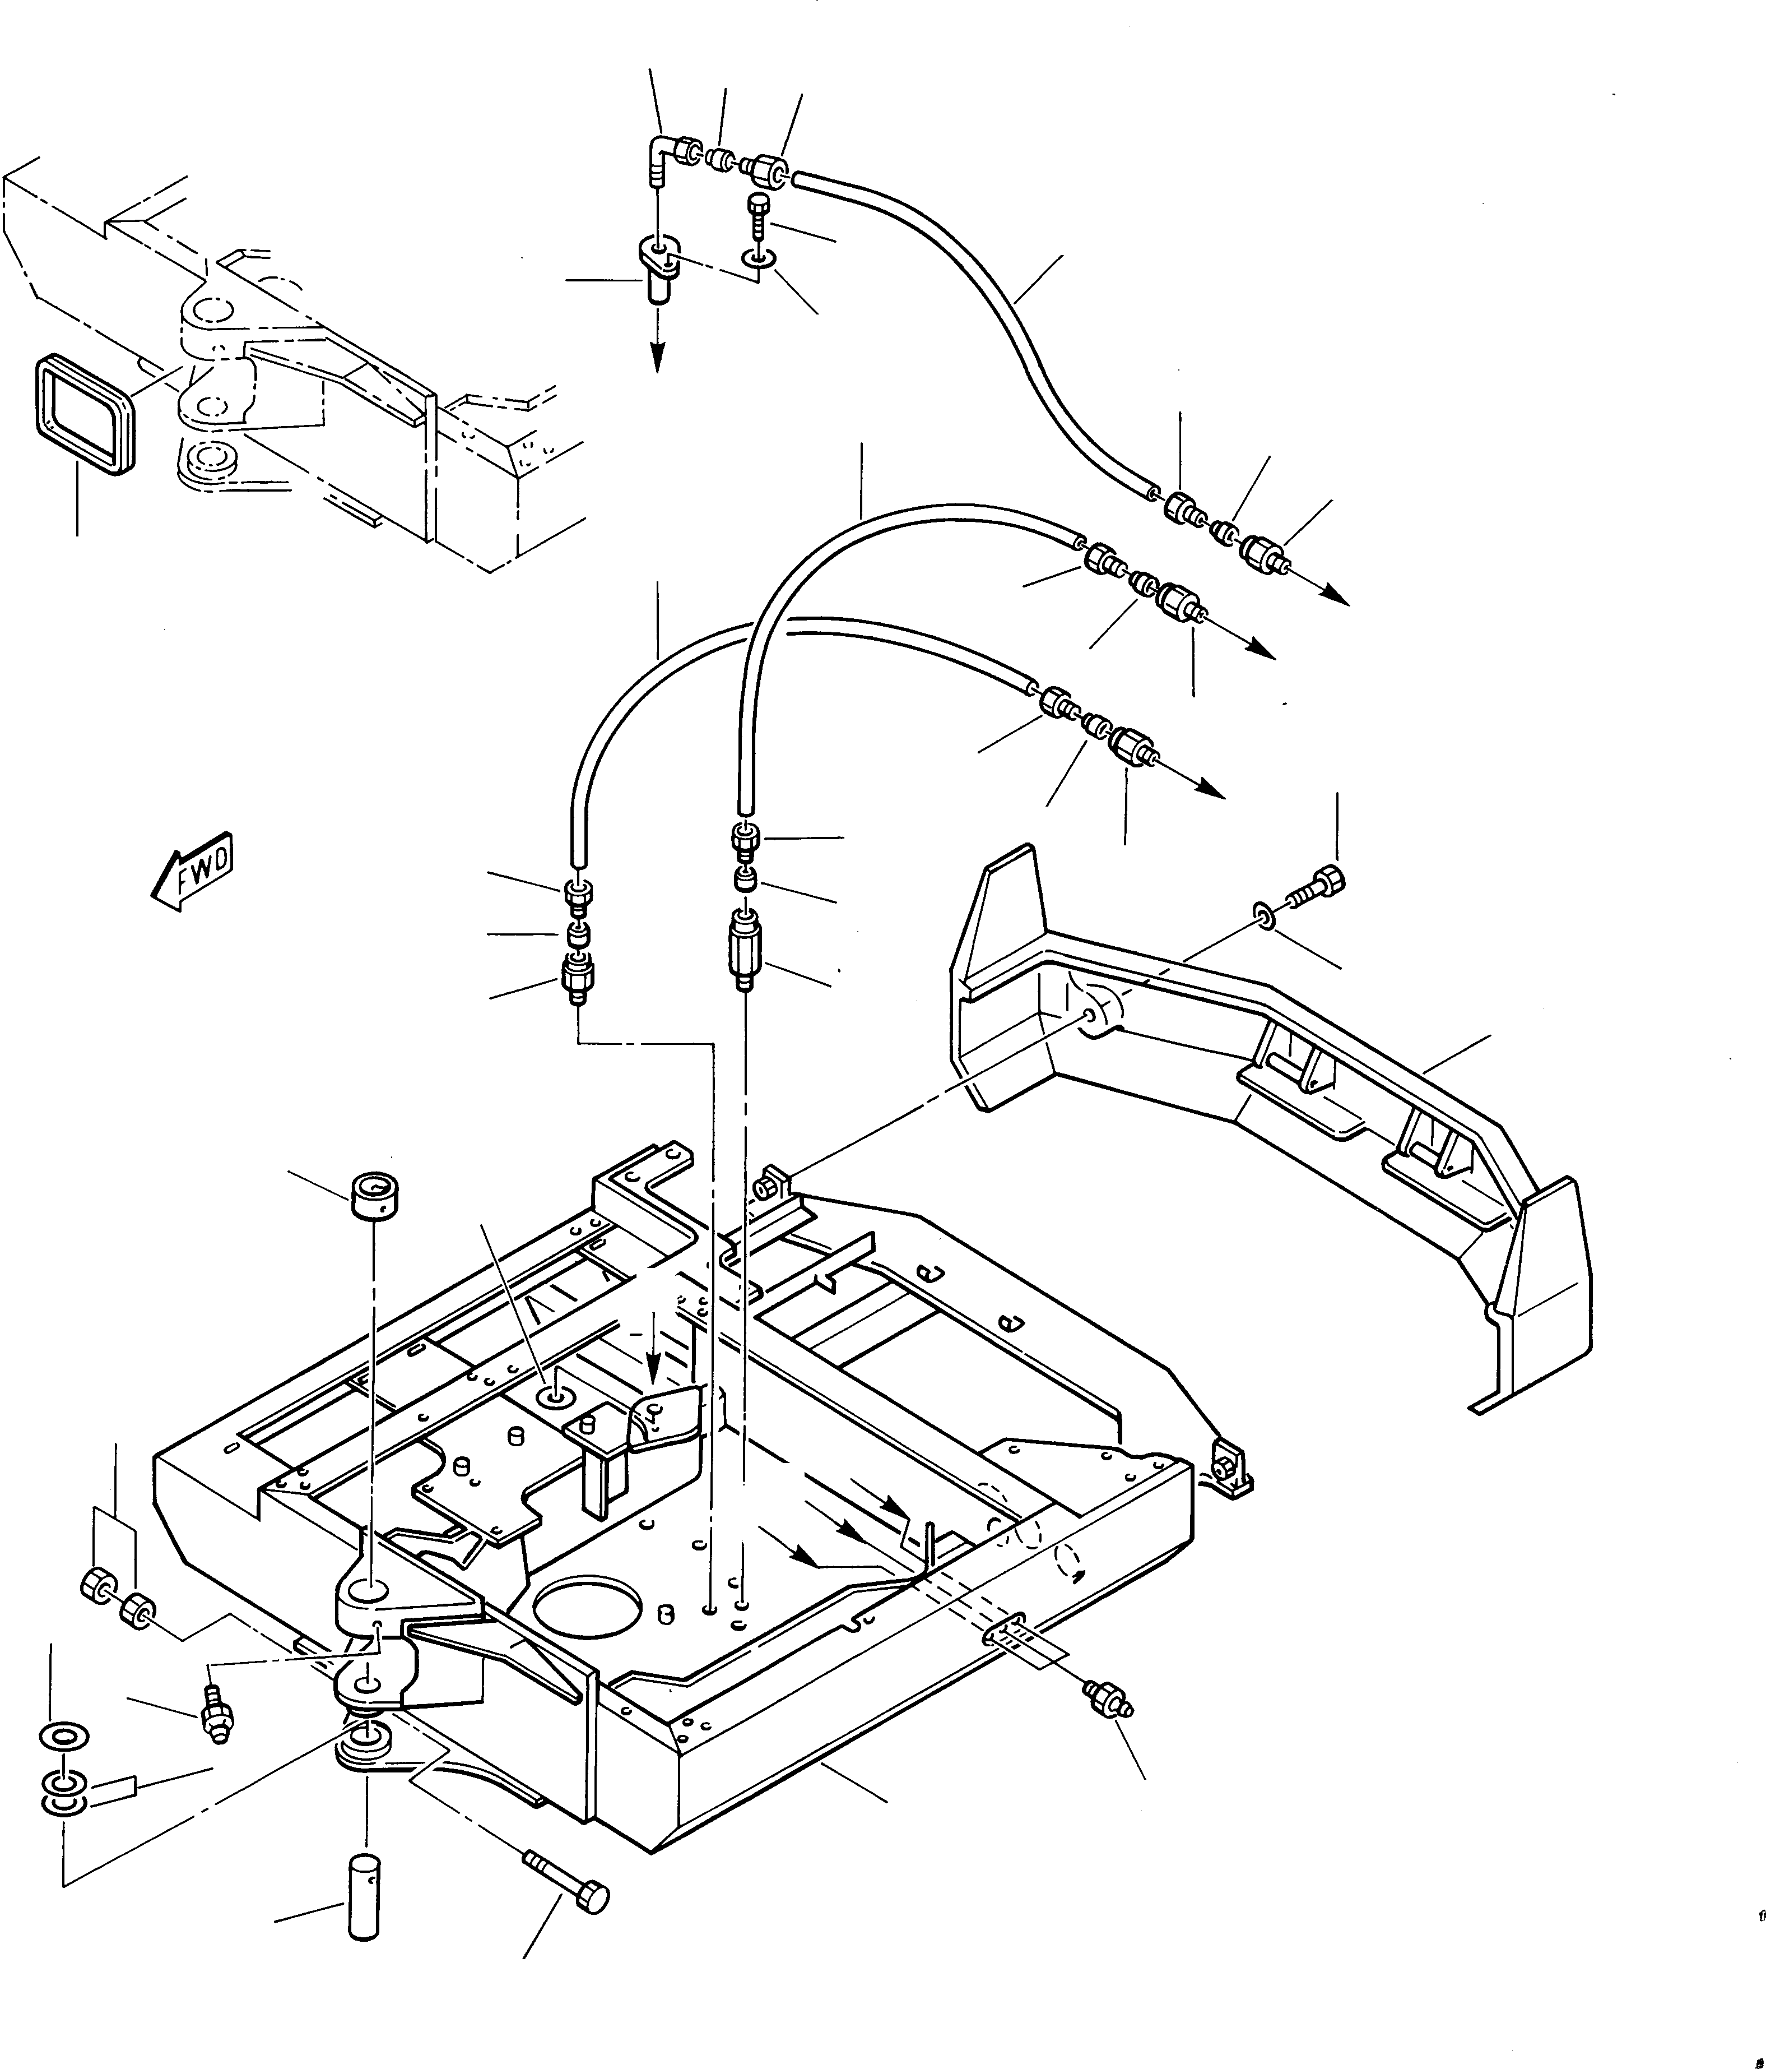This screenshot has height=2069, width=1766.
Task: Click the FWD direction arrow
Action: coord(194,870)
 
